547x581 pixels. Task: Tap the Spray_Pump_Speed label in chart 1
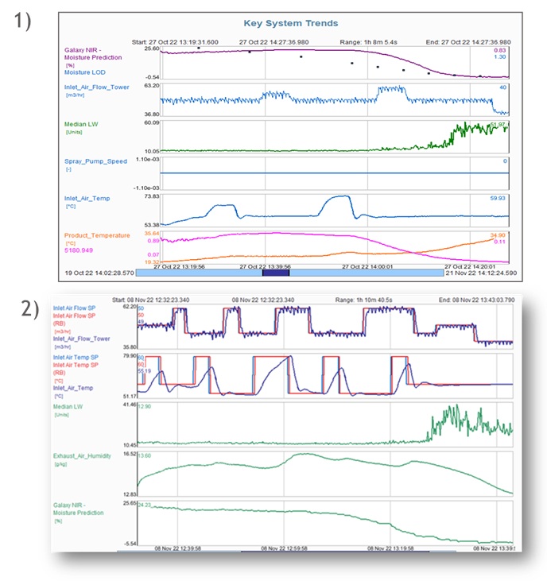[94, 161]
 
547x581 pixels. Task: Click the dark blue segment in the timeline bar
[276, 272]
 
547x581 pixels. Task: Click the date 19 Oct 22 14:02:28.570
[99, 272]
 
